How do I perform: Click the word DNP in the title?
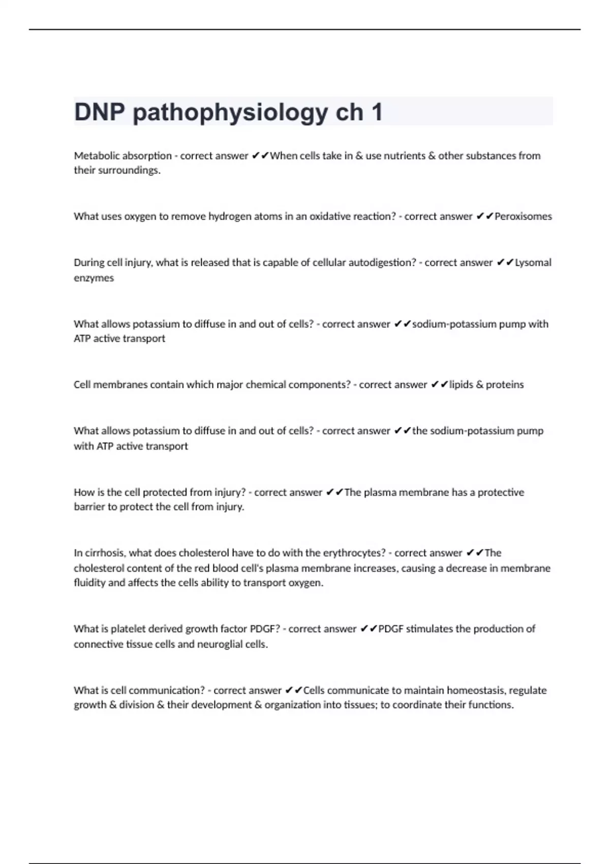coord(100,112)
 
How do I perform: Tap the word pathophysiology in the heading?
coord(230,112)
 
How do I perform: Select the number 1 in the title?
coord(377,112)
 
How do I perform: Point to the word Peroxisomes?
coord(523,217)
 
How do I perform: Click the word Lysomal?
coord(533,263)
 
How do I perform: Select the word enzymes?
coord(94,278)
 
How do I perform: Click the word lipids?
coord(461,385)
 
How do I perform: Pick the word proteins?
coord(504,385)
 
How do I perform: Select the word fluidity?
coord(89,582)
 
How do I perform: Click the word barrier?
coord(89,507)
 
